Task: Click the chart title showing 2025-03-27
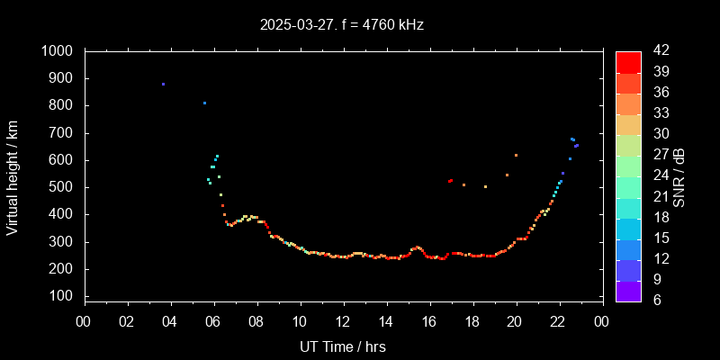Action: click(x=341, y=25)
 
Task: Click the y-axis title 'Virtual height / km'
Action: click(x=13, y=176)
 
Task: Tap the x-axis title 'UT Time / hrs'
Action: click(x=342, y=346)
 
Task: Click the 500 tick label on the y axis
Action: click(x=64, y=187)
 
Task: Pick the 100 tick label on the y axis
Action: click(x=64, y=296)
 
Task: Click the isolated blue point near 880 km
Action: click(x=163, y=84)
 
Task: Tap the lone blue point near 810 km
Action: click(x=204, y=103)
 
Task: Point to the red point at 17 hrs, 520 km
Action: click(x=450, y=181)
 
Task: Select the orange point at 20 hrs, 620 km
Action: click(x=516, y=155)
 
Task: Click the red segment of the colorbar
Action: click(x=628, y=61)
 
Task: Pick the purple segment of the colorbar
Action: click(x=628, y=291)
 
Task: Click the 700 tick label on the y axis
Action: click(x=64, y=133)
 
